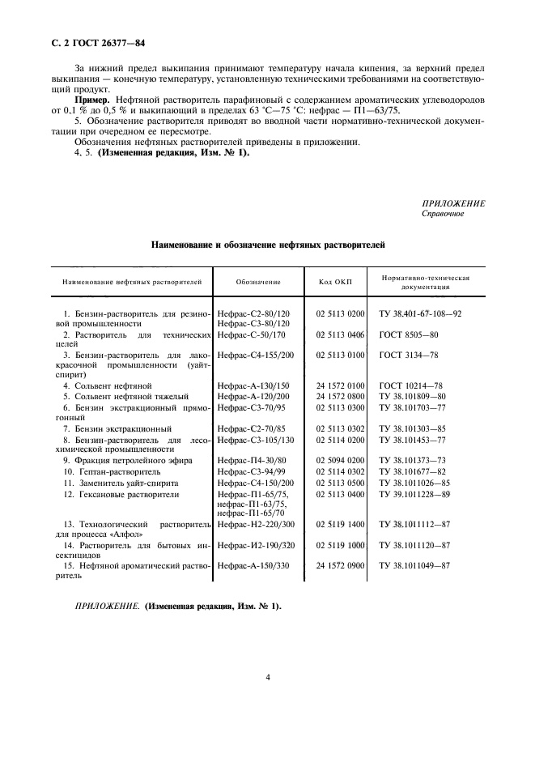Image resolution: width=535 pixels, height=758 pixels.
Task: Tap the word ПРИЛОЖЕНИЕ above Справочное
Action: coord(453,204)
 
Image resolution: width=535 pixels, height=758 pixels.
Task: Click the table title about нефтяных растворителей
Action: coord(268,244)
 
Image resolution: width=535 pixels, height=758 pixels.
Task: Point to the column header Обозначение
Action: coord(258,283)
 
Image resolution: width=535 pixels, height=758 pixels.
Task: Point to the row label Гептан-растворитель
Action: coord(100,471)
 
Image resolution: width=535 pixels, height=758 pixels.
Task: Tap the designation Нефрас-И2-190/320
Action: coord(255,547)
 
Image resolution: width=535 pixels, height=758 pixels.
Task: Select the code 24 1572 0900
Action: coord(340,567)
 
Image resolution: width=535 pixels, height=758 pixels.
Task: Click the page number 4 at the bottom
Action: coord(267,678)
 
